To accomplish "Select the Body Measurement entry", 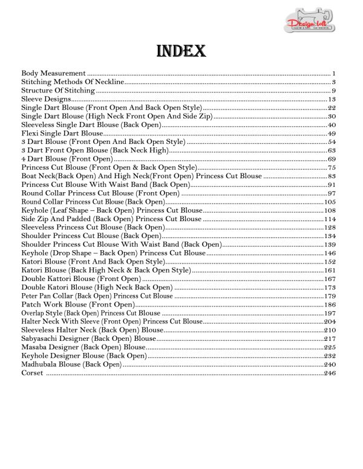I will [x=54, y=73].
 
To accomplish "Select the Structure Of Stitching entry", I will [x=58, y=90].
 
